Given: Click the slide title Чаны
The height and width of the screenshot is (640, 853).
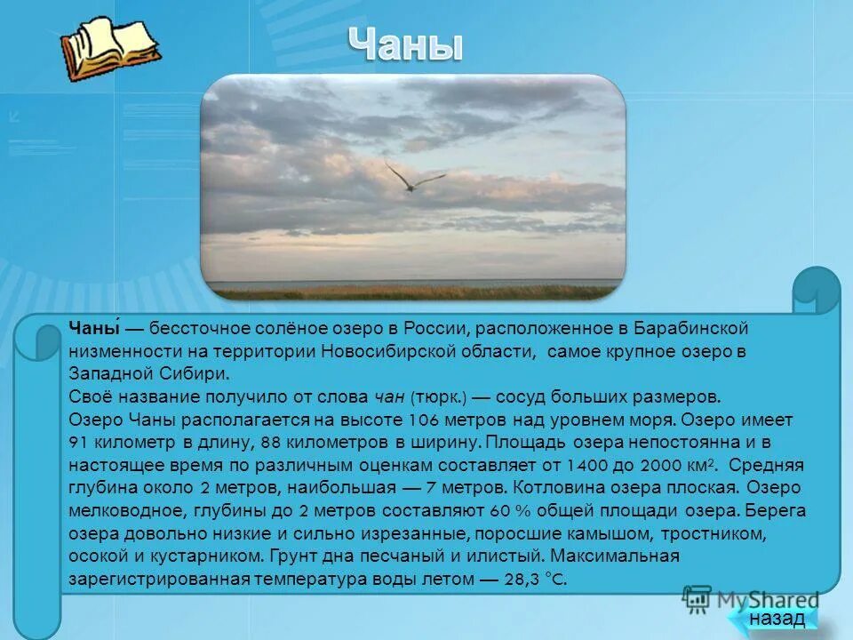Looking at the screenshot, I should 404,44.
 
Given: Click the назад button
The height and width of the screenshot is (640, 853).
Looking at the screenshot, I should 777,618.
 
